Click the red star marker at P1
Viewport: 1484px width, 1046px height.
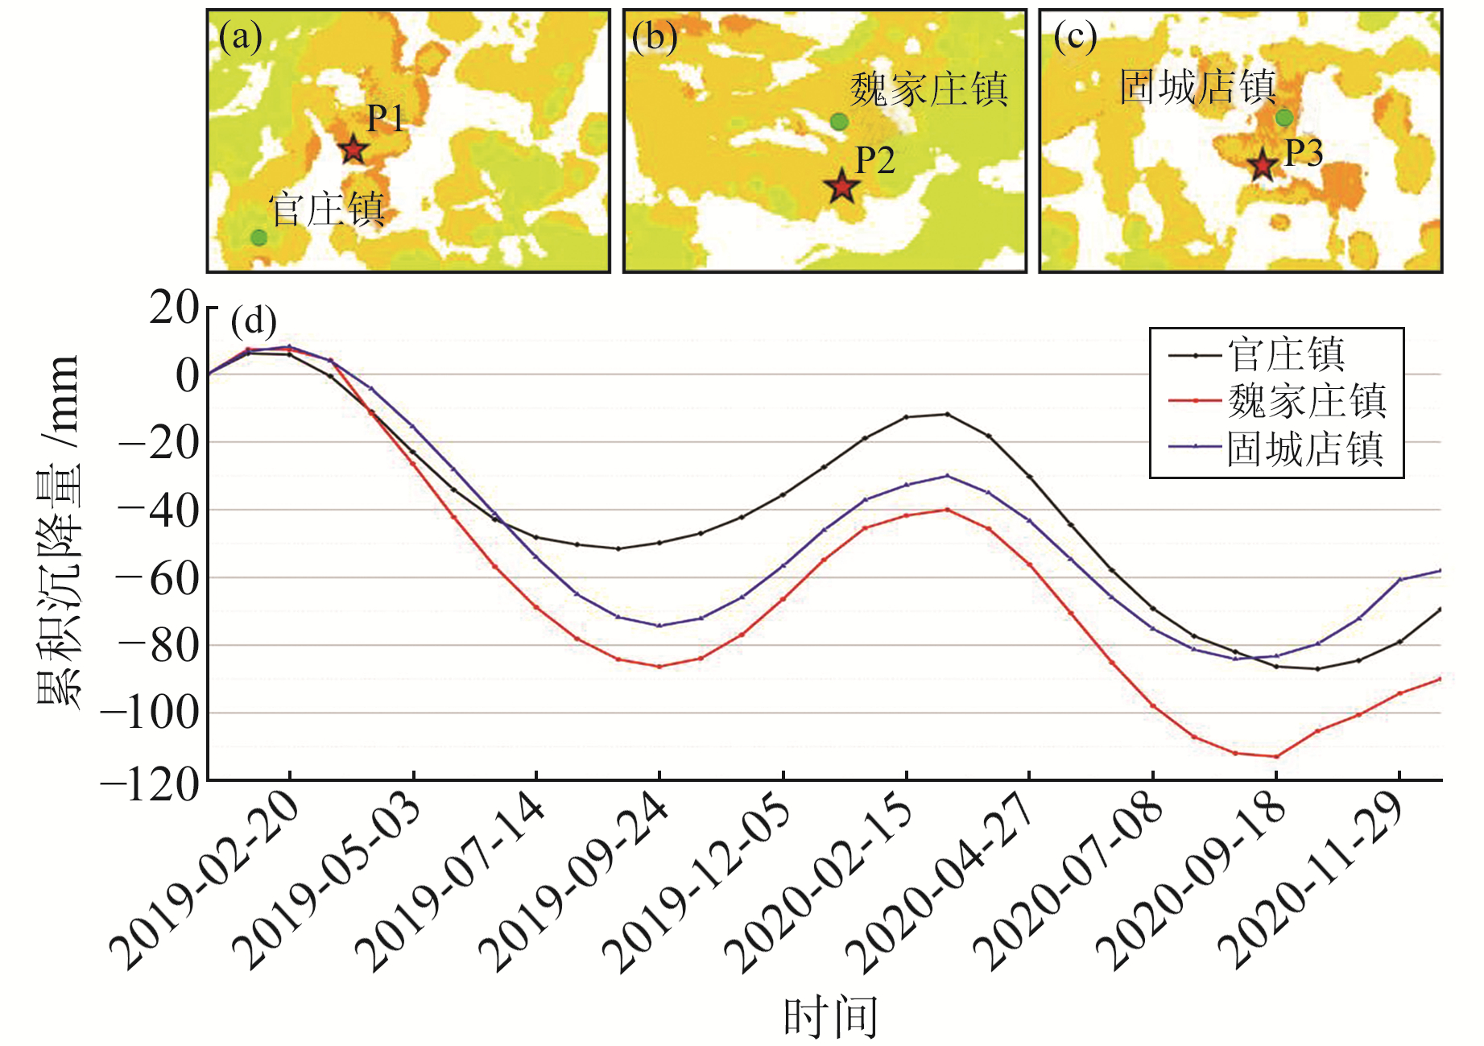353,149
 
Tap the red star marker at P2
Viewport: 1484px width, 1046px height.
841,187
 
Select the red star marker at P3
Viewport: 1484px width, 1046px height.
1262,166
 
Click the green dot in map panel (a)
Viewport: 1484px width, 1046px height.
258,237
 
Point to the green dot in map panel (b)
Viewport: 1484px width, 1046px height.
839,122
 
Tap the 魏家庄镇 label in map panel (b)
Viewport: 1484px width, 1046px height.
928,89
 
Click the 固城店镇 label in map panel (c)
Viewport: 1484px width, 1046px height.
1197,86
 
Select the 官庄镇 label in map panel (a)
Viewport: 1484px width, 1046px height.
326,209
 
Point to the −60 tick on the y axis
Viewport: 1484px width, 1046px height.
157,578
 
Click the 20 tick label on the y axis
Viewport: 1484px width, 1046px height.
173,308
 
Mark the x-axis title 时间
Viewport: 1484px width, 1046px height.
829,1016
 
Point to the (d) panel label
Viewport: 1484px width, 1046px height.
254,321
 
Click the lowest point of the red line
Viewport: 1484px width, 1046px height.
1275,756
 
